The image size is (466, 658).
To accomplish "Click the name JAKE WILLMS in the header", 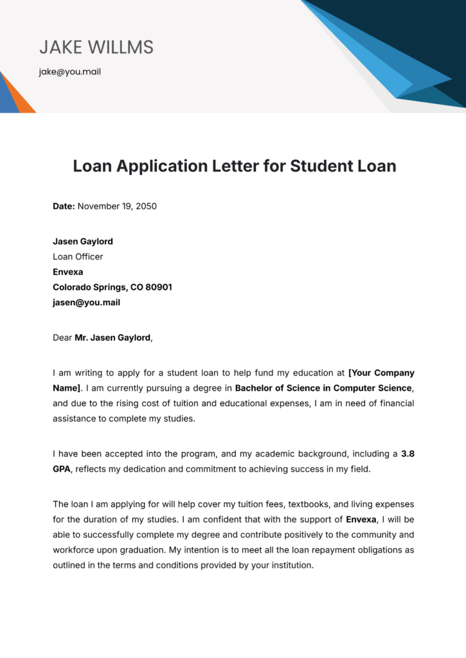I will [96, 47].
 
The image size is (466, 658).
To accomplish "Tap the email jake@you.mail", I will [69, 72].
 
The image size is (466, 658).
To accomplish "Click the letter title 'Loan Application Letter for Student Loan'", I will [235, 166].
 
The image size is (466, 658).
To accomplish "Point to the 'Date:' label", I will [64, 206].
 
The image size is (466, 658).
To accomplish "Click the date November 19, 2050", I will [118, 206].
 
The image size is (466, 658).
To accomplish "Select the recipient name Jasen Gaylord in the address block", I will [83, 242].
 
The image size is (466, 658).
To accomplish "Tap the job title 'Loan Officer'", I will [78, 256].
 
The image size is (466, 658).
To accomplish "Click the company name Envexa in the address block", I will [68, 272].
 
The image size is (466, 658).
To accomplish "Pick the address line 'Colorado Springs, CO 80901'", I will [112, 287].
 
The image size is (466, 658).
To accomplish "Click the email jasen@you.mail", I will [86, 303].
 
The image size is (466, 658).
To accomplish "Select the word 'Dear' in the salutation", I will [62, 337].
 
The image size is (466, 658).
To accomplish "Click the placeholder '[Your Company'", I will [381, 373].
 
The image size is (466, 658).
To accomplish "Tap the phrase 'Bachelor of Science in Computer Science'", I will [323, 388].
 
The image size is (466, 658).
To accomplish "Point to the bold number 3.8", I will [408, 454].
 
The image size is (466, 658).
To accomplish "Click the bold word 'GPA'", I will [62, 469].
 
